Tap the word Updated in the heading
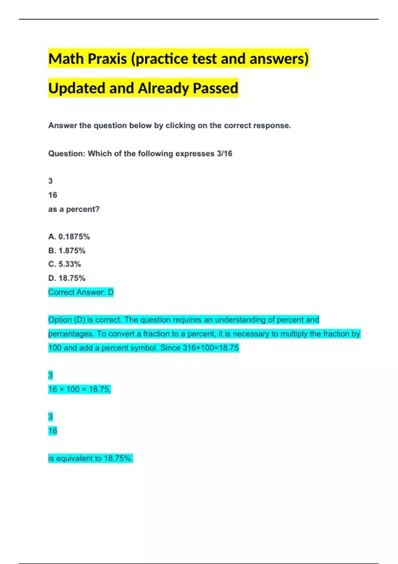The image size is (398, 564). tap(77, 88)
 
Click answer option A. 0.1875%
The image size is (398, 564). tap(69, 237)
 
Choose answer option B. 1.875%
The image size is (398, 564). tap(67, 250)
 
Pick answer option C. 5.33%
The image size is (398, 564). tap(64, 264)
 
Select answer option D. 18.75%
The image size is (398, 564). tap(67, 278)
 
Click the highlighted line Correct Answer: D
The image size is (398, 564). tap(81, 292)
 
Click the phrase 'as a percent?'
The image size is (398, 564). tap(74, 209)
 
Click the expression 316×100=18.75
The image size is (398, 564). tap(211, 348)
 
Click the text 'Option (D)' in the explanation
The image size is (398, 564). tap(66, 320)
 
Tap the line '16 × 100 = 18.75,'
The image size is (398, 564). tap(79, 389)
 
